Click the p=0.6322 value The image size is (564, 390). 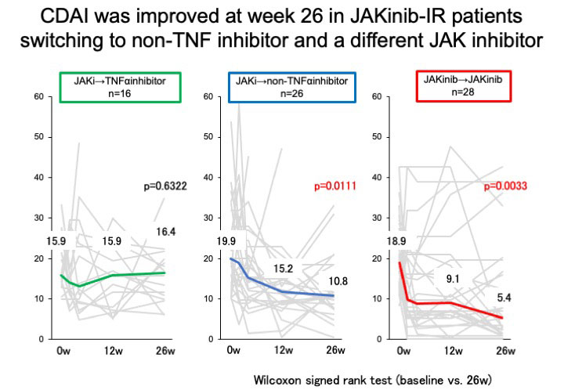pos(165,186)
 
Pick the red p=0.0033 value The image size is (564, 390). pos(506,186)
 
